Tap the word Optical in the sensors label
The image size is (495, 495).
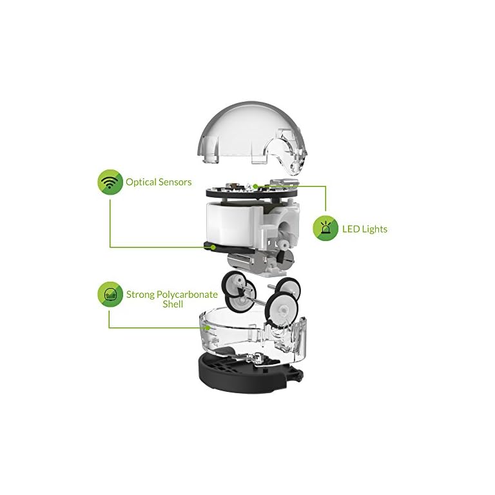point(141,182)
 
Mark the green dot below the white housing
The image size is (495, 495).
point(213,247)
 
